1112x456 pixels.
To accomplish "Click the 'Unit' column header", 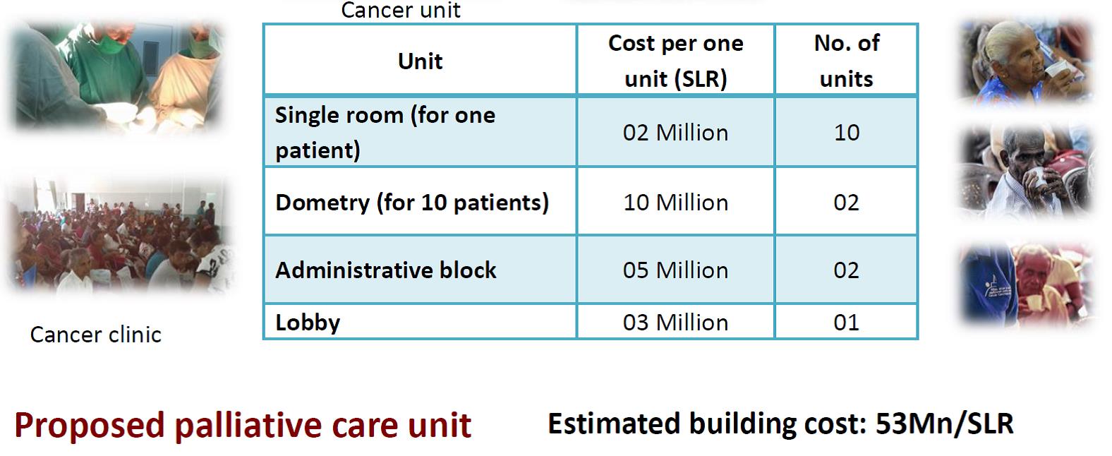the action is (x=420, y=61).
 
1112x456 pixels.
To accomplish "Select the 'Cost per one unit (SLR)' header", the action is (x=676, y=61).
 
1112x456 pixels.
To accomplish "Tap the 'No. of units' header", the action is (x=847, y=61).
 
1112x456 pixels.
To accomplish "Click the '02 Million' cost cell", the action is (x=676, y=133).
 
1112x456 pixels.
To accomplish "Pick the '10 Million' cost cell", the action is (x=676, y=203).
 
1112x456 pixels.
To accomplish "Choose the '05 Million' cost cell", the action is (x=676, y=270).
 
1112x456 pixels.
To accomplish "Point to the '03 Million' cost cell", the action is (x=676, y=323).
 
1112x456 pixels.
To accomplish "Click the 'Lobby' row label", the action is (x=308, y=323).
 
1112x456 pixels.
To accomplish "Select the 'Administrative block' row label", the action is (x=386, y=270).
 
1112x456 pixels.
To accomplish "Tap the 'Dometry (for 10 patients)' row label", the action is (x=412, y=203).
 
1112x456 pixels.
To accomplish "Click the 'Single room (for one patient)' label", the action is (x=385, y=133).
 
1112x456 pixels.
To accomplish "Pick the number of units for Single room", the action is (x=847, y=133).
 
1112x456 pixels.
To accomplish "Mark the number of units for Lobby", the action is (x=847, y=323).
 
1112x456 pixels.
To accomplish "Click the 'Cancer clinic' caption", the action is (x=96, y=335).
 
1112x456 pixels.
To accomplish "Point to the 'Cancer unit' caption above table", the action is (x=401, y=10).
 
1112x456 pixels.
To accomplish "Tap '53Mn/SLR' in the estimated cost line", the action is (x=945, y=424).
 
